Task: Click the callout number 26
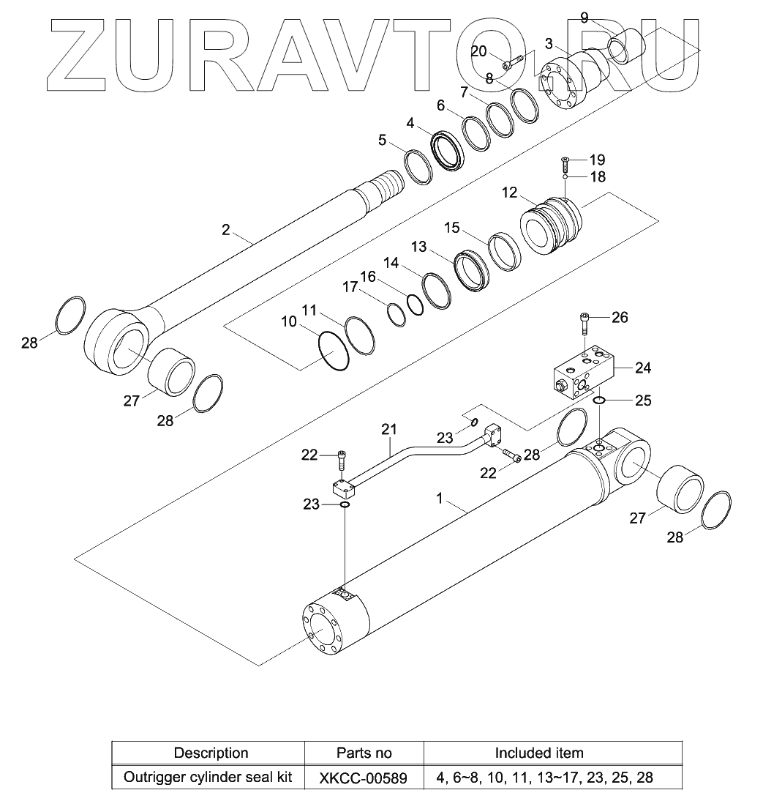[x=620, y=318]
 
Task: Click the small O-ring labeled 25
[x=599, y=400]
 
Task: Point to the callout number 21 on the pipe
[x=388, y=428]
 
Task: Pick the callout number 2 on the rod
[x=226, y=230]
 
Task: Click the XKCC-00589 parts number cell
[x=363, y=777]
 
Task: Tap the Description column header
[x=211, y=753]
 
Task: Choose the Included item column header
[x=539, y=753]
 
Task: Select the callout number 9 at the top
[x=585, y=17]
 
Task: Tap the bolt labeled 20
[x=511, y=64]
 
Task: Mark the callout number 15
[x=452, y=228]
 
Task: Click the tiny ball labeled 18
[x=565, y=176]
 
